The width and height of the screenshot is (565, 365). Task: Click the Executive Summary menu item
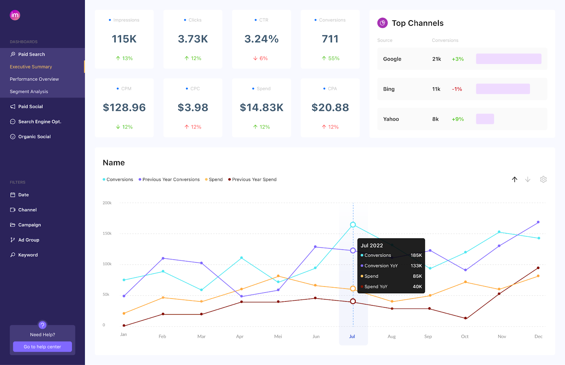coord(31,67)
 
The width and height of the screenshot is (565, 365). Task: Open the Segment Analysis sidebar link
coord(29,91)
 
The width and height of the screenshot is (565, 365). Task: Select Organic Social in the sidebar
coord(34,137)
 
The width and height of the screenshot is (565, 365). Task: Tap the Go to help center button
coord(42,347)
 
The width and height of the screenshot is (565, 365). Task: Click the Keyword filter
coord(28,255)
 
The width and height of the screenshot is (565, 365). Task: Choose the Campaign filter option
coord(29,225)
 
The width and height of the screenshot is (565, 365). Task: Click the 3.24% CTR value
coord(261,39)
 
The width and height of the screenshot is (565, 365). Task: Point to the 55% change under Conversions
coord(333,58)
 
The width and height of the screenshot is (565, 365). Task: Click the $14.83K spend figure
coord(261,107)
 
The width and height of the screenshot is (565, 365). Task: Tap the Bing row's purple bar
coord(502,89)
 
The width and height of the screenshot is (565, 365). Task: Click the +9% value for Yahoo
coord(458,119)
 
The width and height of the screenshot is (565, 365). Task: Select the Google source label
coord(392,59)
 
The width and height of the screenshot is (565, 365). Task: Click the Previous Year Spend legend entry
coord(254,179)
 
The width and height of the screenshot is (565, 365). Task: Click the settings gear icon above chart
coord(543,179)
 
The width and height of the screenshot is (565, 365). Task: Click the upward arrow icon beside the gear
coord(515,179)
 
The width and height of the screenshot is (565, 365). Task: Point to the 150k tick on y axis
coord(107,233)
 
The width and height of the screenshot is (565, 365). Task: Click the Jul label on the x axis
coord(352,336)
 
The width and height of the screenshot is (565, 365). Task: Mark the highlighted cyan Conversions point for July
coord(353,225)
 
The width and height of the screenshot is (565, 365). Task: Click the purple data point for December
coord(538,222)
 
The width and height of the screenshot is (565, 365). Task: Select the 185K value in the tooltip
coord(416,255)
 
